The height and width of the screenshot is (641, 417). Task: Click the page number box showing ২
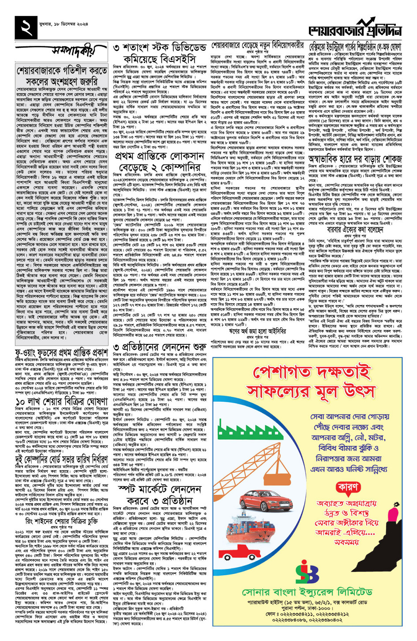(26, 27)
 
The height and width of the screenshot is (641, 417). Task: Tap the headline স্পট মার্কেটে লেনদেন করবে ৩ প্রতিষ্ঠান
(159, 495)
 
